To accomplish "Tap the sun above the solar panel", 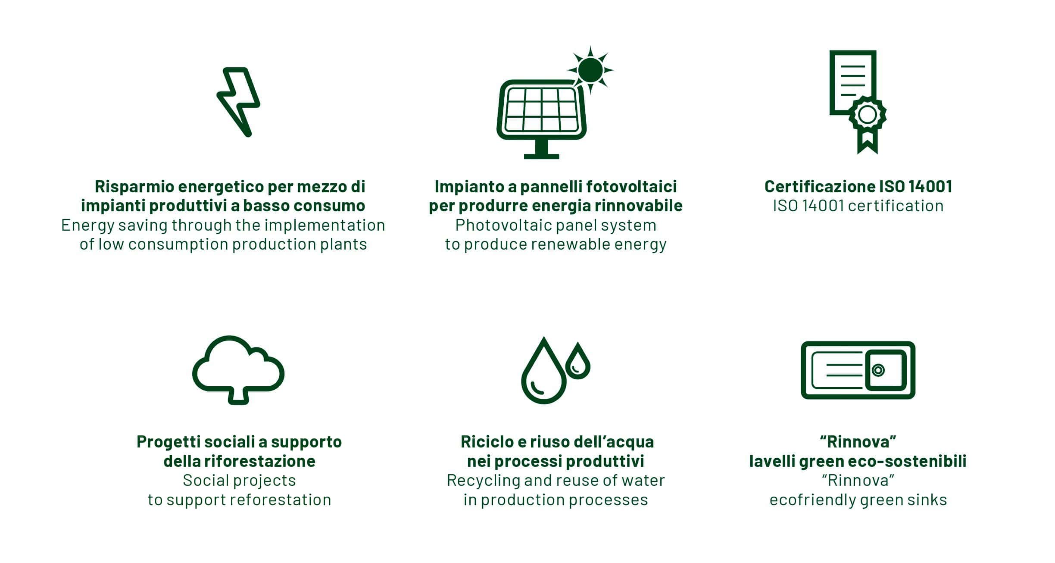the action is click(590, 70).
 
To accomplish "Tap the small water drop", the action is click(577, 361).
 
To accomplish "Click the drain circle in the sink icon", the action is click(878, 370).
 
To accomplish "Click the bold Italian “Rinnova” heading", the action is click(858, 442).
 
